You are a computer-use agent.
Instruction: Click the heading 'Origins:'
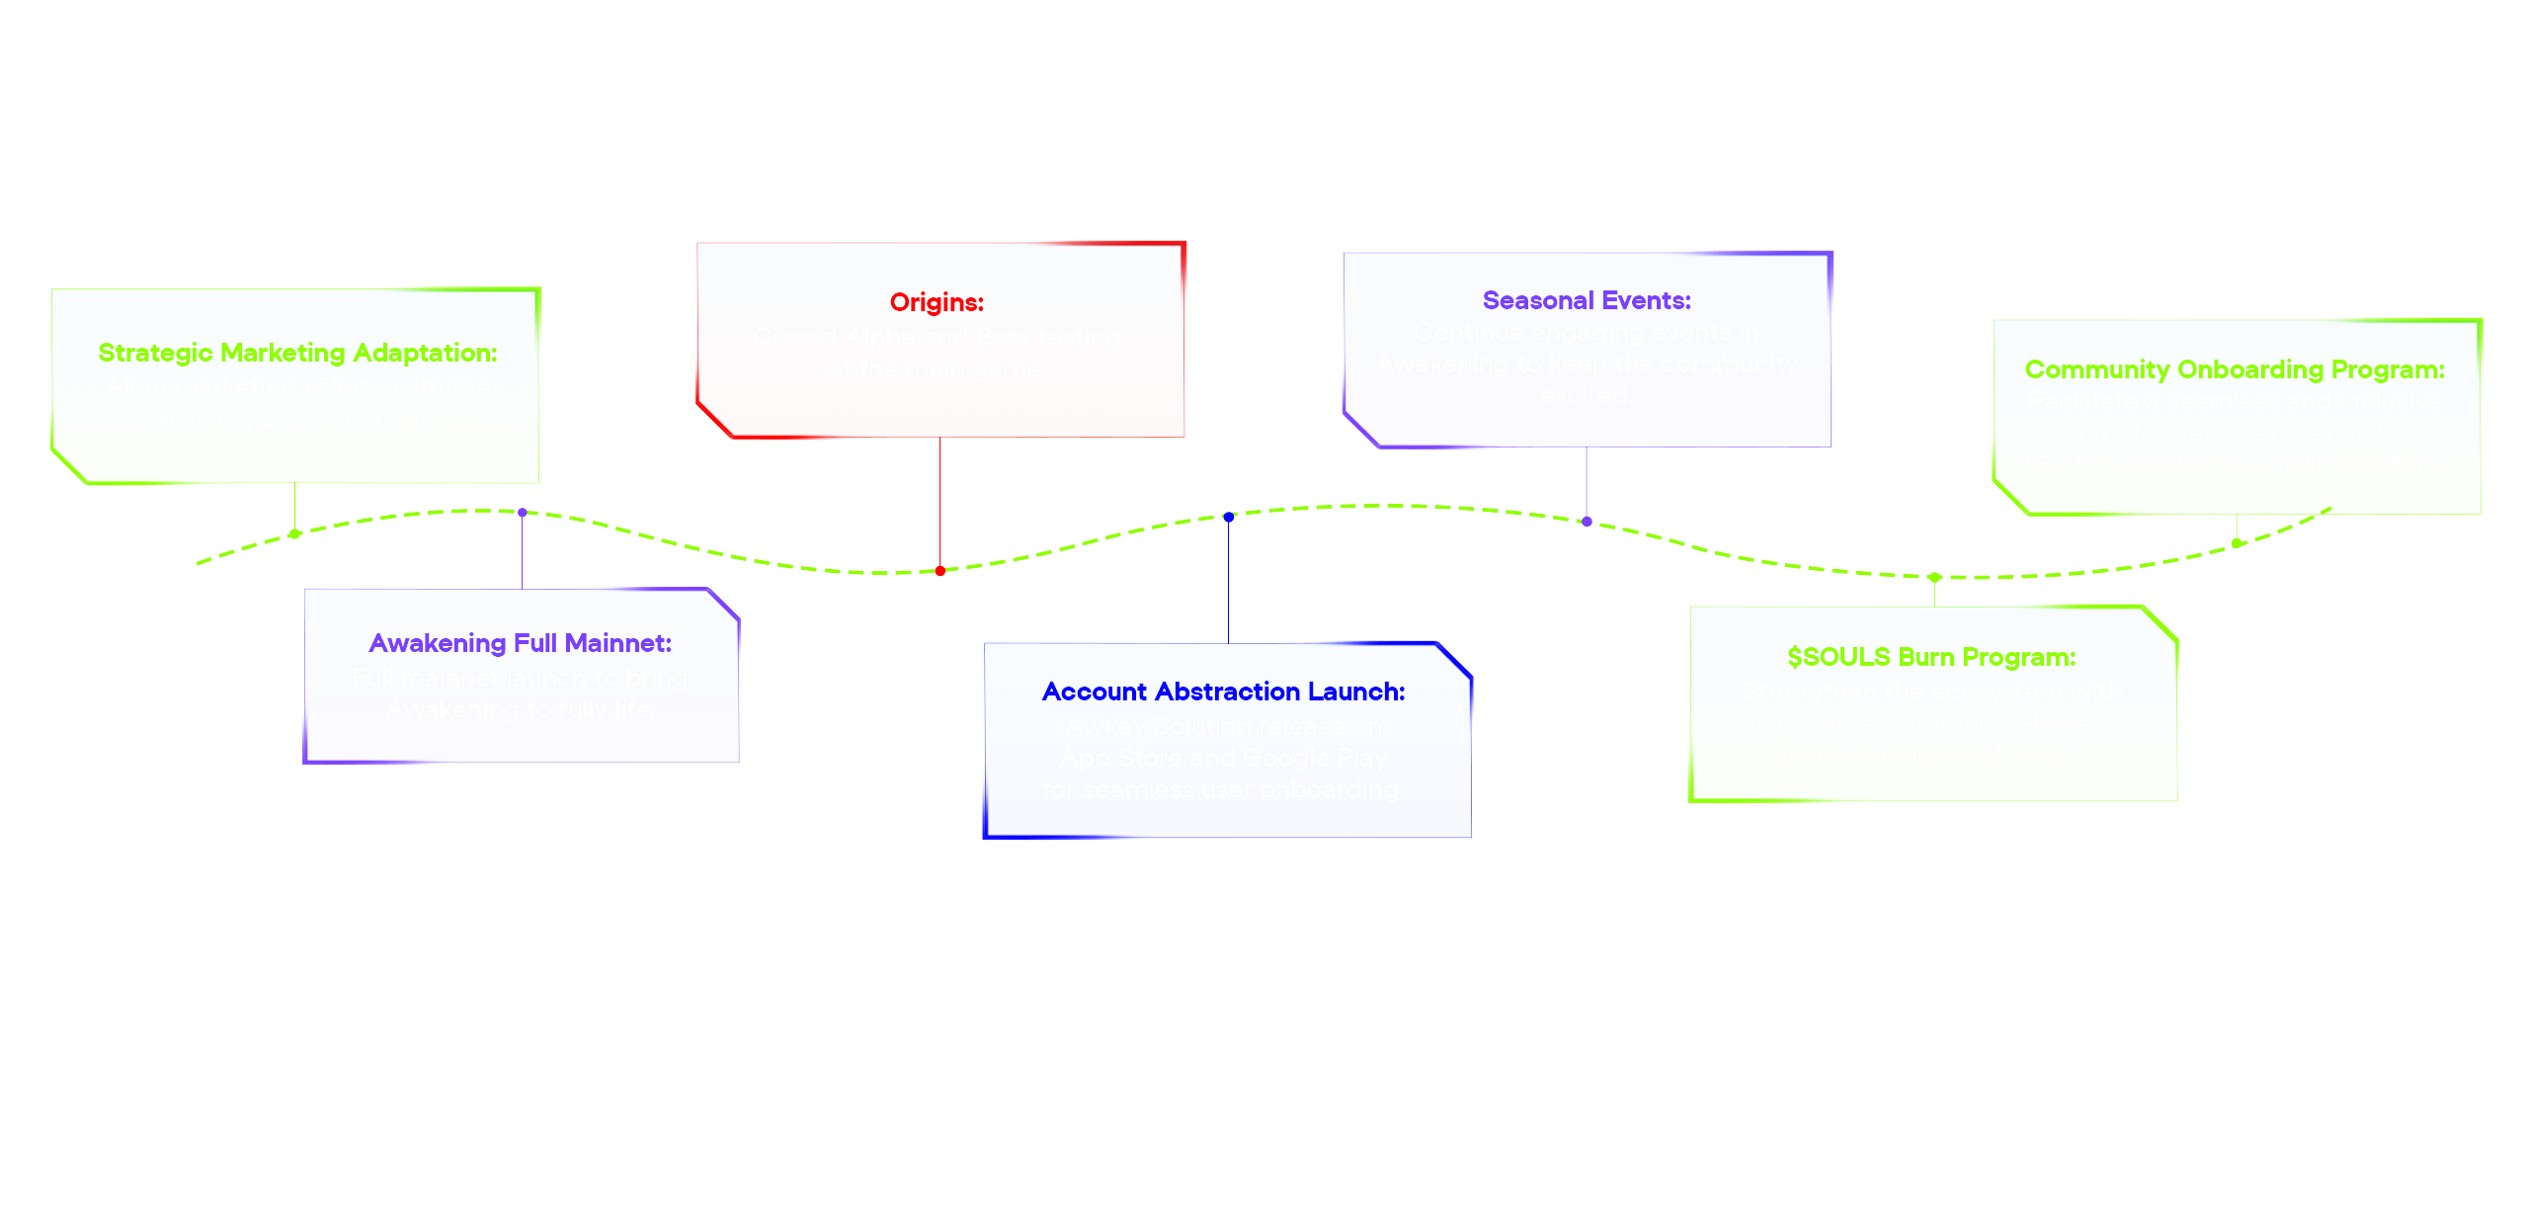(x=937, y=302)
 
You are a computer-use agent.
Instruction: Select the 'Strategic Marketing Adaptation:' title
(x=297, y=353)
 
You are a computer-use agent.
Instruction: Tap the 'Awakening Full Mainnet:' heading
(x=520, y=643)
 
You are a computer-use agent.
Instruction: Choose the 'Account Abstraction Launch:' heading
(x=1223, y=692)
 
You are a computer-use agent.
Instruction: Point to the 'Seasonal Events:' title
(x=1587, y=300)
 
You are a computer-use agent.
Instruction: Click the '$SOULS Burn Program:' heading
(x=1931, y=657)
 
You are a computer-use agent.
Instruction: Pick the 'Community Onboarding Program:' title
(x=2235, y=369)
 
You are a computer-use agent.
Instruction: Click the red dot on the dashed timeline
(x=940, y=571)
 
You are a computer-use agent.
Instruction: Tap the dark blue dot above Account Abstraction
(x=1229, y=517)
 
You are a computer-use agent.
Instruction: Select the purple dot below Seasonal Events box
(x=1587, y=522)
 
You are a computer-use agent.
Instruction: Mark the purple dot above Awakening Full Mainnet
(x=523, y=513)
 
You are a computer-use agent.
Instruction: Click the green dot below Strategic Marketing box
(x=294, y=534)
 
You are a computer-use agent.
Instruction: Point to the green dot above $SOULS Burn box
(x=1934, y=578)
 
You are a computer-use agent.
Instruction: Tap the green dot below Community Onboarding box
(x=2237, y=542)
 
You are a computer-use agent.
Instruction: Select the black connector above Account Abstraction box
(x=1229, y=583)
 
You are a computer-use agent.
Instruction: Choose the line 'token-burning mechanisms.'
(x=1931, y=755)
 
